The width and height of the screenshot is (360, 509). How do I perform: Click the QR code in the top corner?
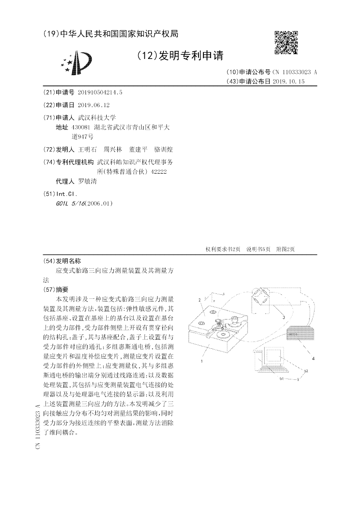click(286, 43)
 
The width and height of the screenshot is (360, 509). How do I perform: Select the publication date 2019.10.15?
click(288, 81)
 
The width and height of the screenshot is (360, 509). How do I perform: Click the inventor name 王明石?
click(87, 149)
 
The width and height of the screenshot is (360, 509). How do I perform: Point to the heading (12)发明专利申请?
click(180, 55)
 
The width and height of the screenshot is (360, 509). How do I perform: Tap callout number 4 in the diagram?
click(313, 359)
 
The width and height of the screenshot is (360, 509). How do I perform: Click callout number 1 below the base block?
click(202, 361)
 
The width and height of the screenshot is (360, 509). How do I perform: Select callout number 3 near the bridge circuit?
click(284, 317)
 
